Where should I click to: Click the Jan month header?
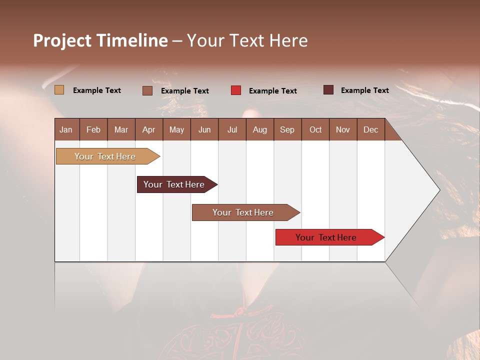(66, 129)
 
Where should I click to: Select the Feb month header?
(93, 129)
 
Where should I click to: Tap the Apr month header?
(148, 129)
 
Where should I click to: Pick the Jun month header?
(204, 129)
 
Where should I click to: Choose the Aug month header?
(259, 129)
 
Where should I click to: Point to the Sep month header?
(287, 129)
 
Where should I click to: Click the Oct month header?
(315, 129)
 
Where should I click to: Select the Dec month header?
(370, 129)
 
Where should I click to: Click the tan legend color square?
(59, 90)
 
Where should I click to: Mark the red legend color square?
(236, 90)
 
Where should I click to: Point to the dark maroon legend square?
(328, 90)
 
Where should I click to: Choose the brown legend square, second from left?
(147, 90)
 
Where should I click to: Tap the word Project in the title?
(62, 40)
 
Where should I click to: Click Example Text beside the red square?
(272, 91)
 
